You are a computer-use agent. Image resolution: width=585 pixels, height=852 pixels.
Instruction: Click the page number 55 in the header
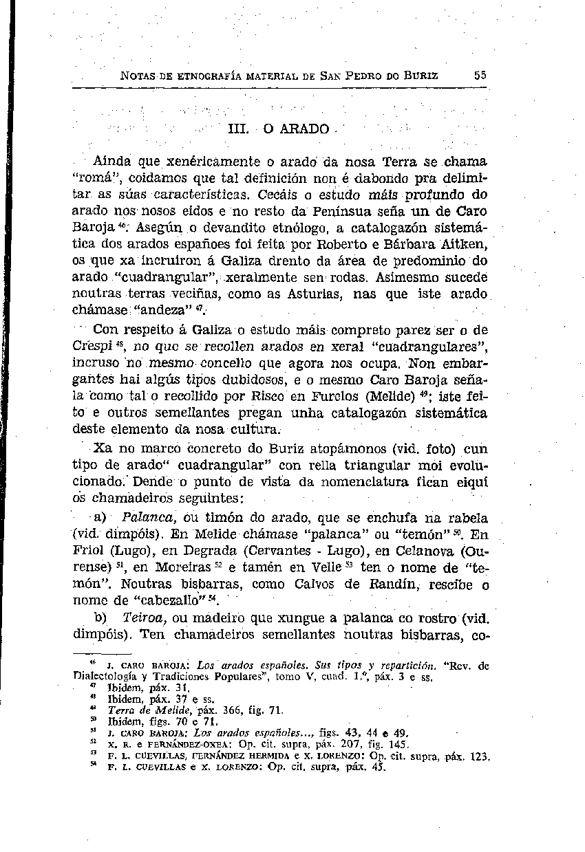point(480,75)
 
